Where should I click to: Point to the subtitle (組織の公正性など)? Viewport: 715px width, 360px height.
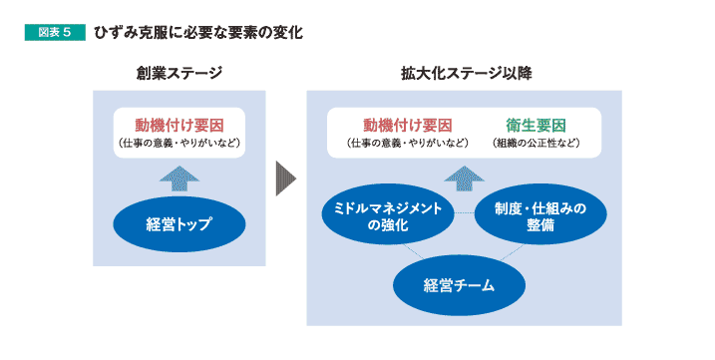tap(536, 144)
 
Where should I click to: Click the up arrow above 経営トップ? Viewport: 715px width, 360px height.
tap(179, 178)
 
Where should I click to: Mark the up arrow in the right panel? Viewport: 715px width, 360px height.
tap(464, 178)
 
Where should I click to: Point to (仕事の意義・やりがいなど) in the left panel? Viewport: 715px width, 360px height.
tap(179, 144)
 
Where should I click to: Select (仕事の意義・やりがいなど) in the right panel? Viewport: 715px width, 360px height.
tap(407, 144)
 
